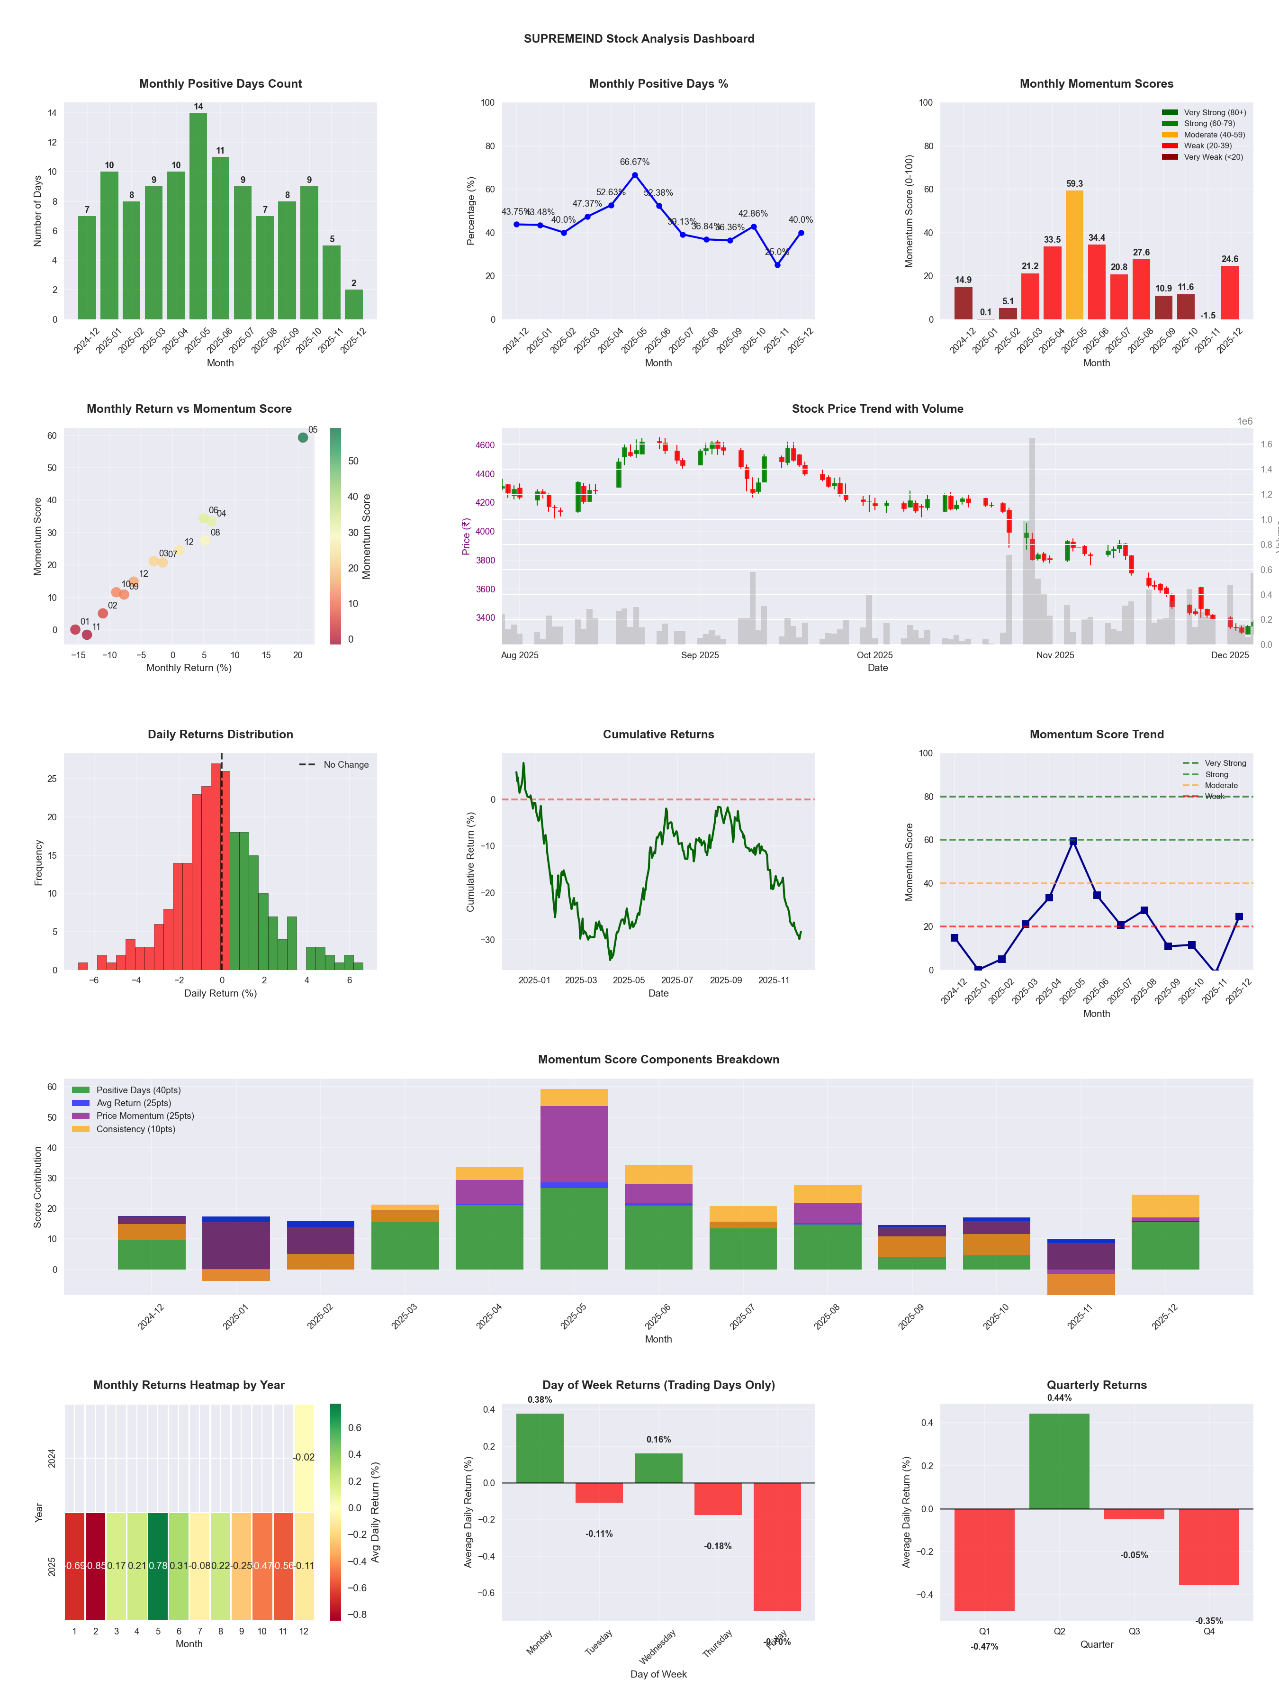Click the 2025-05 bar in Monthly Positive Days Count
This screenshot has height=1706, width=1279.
pos(198,216)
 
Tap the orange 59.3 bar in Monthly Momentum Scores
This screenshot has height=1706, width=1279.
pos(1074,254)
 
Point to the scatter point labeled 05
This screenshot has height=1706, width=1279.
pos(303,437)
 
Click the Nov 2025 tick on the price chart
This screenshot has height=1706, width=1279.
pos(1054,655)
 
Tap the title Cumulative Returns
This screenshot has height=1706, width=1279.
pos(658,734)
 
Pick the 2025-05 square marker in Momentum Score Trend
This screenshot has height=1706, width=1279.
pos(1073,842)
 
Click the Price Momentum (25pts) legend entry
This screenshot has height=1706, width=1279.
pos(145,1116)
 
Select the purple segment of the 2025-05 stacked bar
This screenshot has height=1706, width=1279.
pos(574,1144)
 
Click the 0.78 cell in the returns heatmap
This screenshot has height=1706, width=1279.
pos(158,1566)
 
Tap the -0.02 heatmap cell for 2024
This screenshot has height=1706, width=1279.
pos(304,1458)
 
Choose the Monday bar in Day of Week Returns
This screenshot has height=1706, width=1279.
pos(540,1448)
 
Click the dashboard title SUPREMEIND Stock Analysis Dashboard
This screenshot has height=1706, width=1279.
pos(639,38)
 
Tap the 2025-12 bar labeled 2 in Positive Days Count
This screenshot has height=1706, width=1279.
pos(354,305)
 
